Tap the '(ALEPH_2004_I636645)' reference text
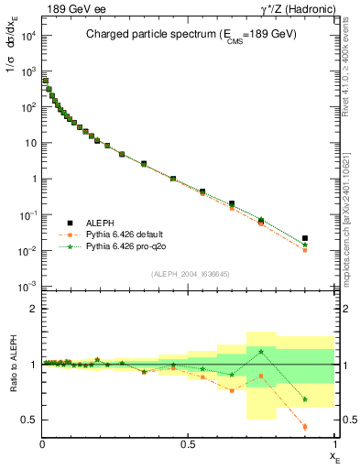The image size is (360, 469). point(191,272)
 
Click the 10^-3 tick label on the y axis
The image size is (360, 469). point(27,287)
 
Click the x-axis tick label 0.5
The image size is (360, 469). point(188,442)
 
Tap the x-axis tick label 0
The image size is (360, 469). point(43,442)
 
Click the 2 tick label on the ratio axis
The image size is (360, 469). point(34,309)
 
